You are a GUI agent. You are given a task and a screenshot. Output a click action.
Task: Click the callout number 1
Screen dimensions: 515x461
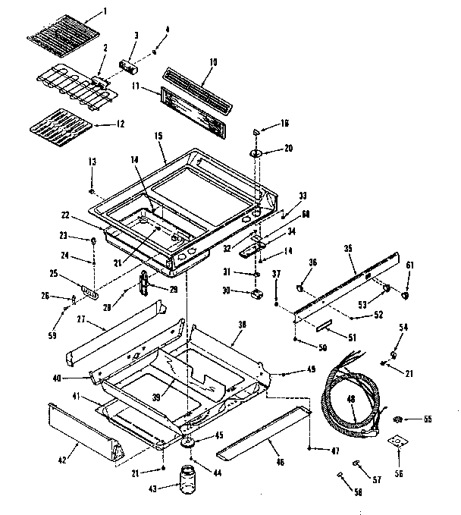click(105, 11)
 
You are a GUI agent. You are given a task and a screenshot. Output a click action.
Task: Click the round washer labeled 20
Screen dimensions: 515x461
click(254, 155)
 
